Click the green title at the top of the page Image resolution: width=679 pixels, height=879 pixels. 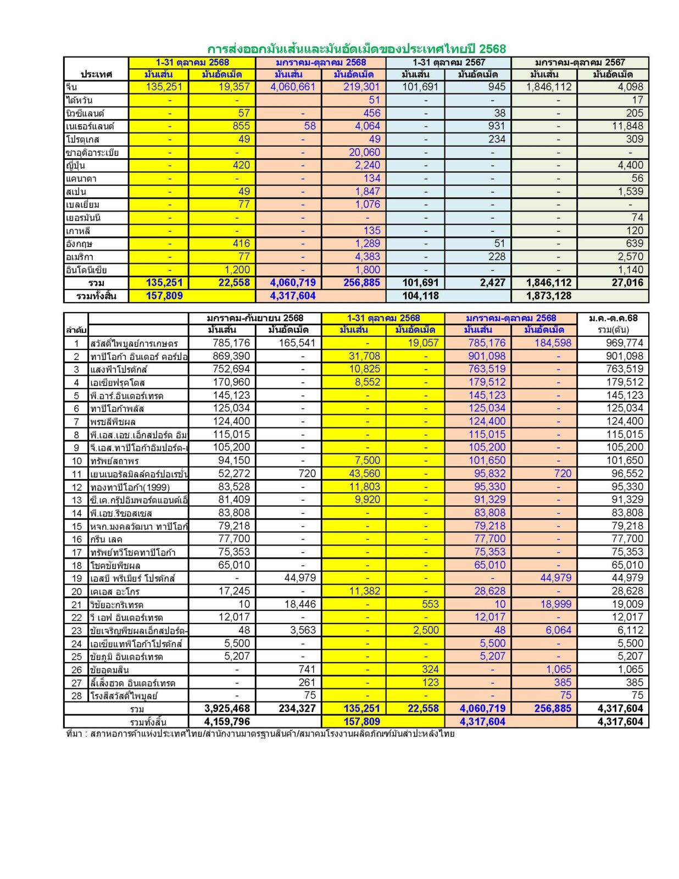point(356,49)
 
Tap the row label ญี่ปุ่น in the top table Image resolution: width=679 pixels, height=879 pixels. point(75,165)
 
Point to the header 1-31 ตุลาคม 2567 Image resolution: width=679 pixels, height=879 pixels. point(448,63)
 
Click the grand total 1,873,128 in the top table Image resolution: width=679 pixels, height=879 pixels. point(541,296)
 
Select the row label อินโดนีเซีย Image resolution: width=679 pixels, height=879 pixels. point(86,270)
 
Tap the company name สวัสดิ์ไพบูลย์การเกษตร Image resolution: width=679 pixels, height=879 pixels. point(134,343)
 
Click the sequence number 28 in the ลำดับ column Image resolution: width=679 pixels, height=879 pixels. point(76,696)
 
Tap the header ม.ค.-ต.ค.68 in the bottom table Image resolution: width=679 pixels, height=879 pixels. point(613,318)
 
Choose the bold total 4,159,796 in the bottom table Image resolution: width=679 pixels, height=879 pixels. point(227,721)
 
